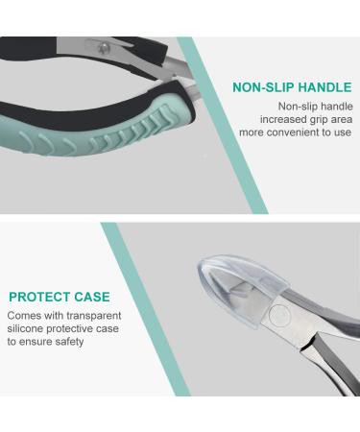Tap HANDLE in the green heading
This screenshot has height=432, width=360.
click(x=324, y=87)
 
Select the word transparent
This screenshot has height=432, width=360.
click(x=100, y=315)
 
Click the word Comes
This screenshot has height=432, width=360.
click(x=25, y=315)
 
